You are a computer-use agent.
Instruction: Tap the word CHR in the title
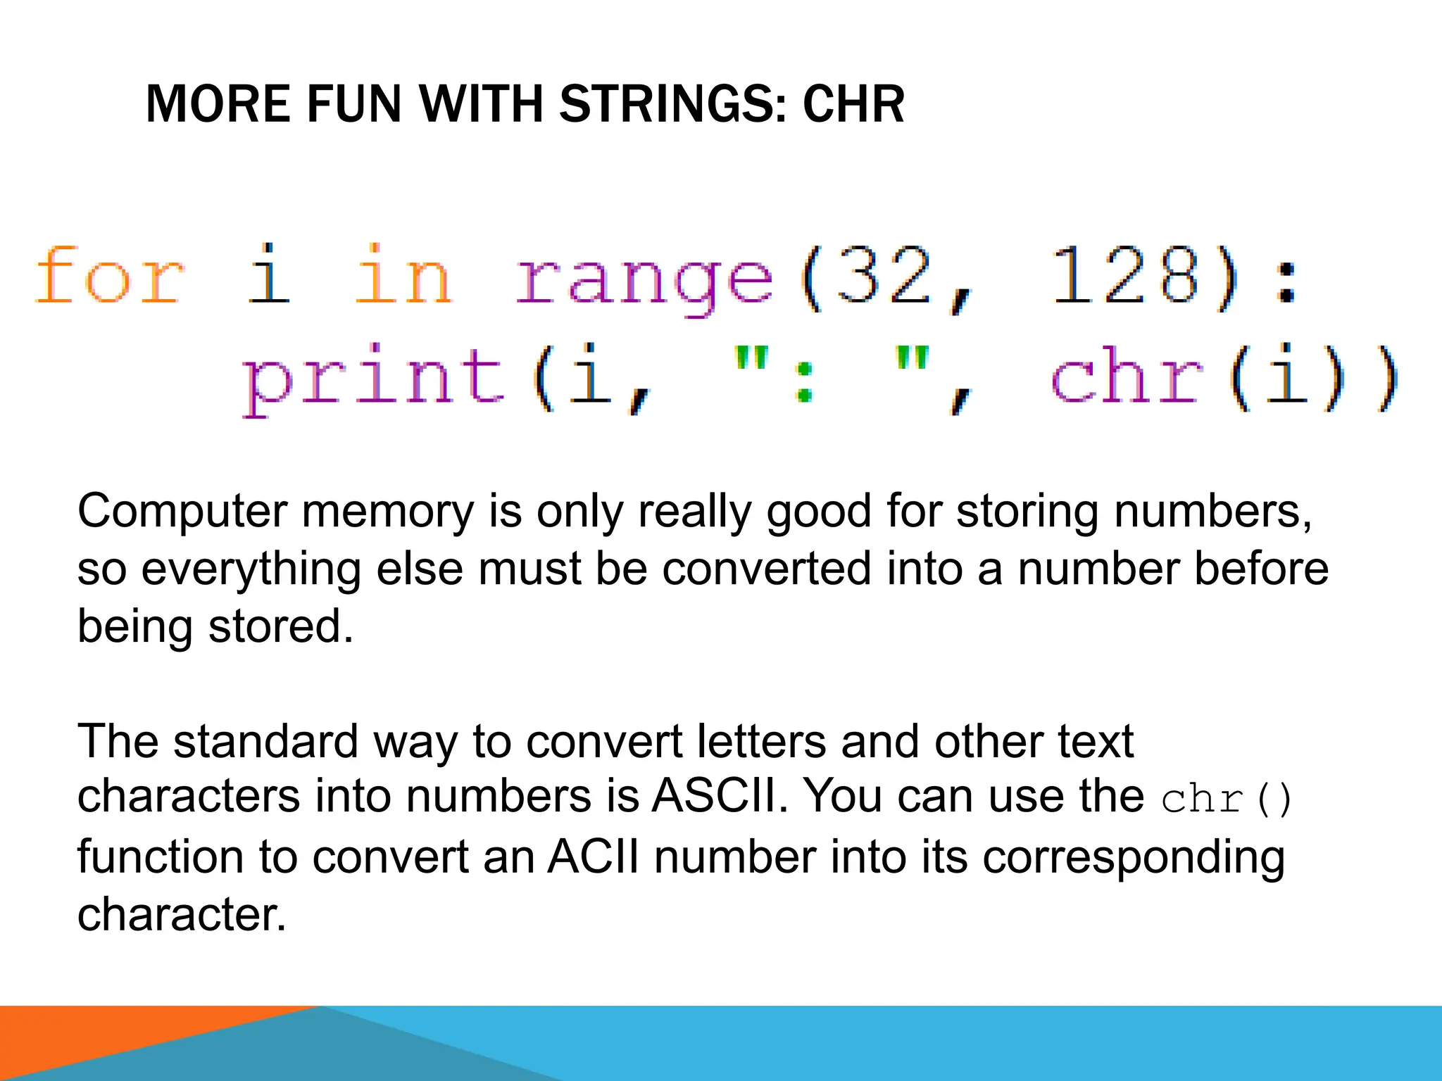coord(853,104)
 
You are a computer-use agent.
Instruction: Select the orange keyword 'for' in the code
coord(109,276)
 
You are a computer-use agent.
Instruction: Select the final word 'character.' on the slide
coord(182,915)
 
